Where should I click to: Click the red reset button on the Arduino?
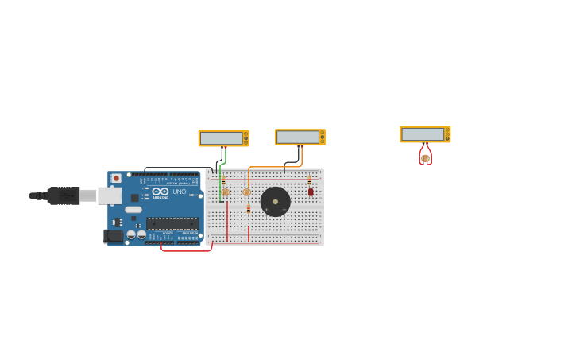tap(116, 178)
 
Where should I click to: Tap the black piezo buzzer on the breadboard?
tap(275, 202)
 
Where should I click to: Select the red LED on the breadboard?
tap(311, 192)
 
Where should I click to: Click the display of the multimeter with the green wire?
tap(221, 138)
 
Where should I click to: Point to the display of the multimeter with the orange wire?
tap(297, 137)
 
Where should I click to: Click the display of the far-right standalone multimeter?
tap(423, 134)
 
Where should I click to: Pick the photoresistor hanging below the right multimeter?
tap(425, 158)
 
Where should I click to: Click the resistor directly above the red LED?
tap(309, 180)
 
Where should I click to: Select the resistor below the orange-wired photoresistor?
tap(248, 209)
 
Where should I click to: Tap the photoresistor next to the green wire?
tap(226, 192)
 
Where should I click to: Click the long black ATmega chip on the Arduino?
tap(172, 223)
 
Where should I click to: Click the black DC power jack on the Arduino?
tap(113, 235)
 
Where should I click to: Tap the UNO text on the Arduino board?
tap(179, 192)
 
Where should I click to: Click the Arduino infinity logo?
tap(160, 192)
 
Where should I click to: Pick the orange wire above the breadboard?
tap(274, 167)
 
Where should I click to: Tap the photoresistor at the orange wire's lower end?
tap(246, 192)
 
